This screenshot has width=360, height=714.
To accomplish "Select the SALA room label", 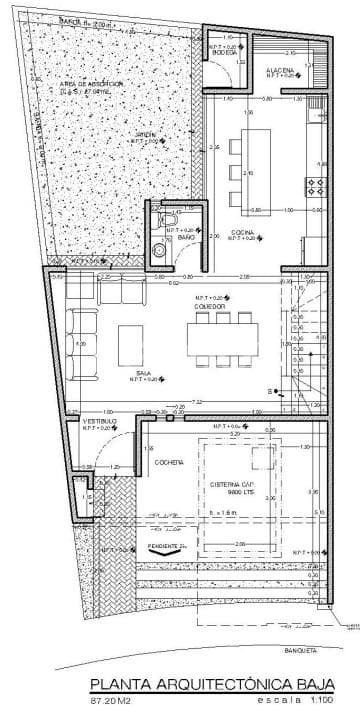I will point(143,370).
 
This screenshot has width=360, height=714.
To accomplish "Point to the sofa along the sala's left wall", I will point(78,340).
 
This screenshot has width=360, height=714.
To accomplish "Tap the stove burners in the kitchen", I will point(319,185).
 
